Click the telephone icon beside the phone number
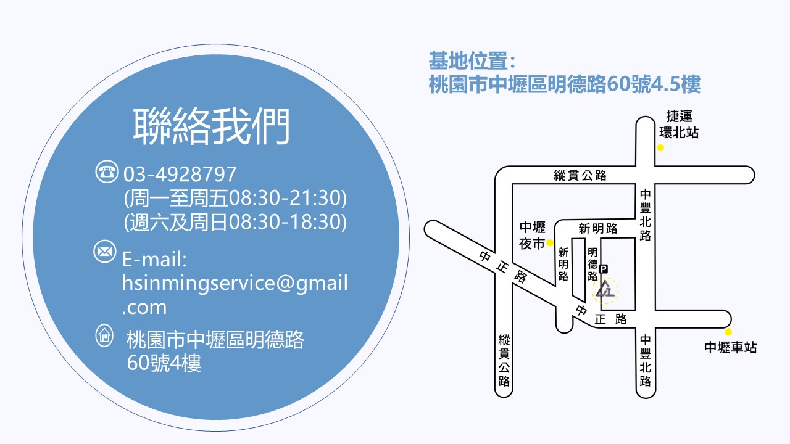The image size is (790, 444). (107, 171)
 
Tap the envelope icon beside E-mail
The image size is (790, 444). (105, 251)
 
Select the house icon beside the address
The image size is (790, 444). (104, 335)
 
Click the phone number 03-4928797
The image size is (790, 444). (180, 174)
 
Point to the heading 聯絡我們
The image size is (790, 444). (211, 126)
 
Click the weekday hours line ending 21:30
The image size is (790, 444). (235, 198)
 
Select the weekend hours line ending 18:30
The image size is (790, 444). (235, 222)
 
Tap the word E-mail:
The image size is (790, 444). (154, 260)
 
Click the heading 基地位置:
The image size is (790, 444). (472, 60)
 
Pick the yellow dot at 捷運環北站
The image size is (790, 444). (660, 148)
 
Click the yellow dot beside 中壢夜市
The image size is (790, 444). (550, 243)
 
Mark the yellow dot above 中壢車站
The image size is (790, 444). (728, 332)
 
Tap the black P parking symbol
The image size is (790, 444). (604, 269)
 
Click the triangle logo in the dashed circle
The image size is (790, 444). (605, 289)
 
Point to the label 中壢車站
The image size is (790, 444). (731, 347)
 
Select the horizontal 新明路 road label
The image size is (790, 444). (598, 229)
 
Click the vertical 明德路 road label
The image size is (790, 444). (592, 264)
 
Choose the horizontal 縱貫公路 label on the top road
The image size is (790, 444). (580, 175)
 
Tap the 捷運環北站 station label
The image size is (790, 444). (679, 125)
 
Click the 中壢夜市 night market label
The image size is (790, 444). (532, 235)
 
